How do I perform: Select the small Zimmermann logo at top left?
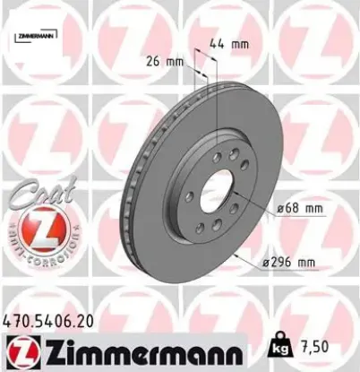[x=33, y=36]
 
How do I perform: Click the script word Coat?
[x=35, y=192]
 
